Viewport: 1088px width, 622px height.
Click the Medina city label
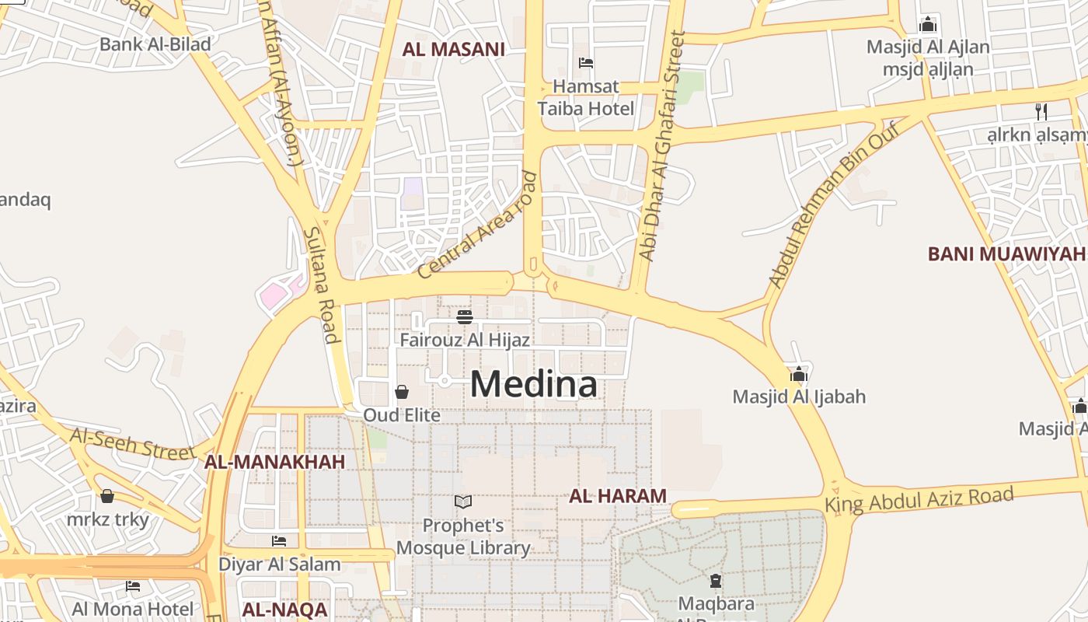click(x=534, y=385)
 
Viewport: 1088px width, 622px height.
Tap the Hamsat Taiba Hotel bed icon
click(x=586, y=63)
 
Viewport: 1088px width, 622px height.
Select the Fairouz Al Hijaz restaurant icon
click(x=465, y=317)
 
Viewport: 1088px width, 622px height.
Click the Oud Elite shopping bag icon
click(x=402, y=392)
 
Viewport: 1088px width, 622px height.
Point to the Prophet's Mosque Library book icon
click(x=463, y=502)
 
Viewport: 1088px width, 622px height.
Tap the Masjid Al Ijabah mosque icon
click(x=798, y=375)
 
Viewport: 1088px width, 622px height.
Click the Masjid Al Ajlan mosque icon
click(x=927, y=25)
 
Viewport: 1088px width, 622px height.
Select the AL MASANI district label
click(x=453, y=50)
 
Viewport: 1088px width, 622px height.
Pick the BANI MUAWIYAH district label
click(x=1006, y=253)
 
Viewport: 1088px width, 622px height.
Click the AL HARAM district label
click(x=618, y=496)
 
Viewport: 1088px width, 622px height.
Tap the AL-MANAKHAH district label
click(x=274, y=463)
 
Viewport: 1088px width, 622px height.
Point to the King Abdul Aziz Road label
click(x=919, y=499)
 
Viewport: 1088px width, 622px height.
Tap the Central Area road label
click(x=477, y=225)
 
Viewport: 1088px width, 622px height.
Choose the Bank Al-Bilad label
click(x=155, y=44)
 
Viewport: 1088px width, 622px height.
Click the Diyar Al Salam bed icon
click(x=279, y=541)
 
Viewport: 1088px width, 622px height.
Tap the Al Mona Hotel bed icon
click(x=133, y=585)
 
